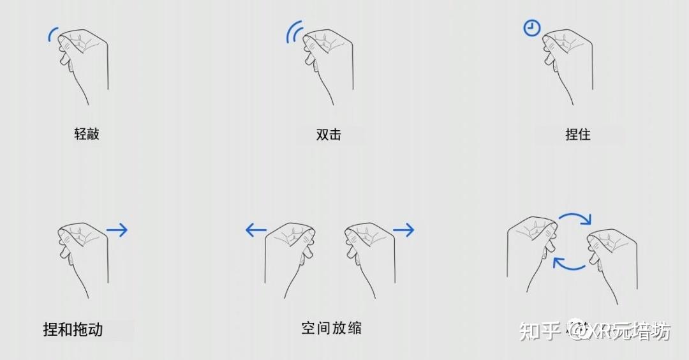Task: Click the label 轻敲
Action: [87, 134]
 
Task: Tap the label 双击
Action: [329, 135]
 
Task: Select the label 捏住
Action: [578, 135]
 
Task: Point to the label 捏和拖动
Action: [73, 329]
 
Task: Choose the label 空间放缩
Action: [332, 328]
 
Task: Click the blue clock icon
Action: [531, 28]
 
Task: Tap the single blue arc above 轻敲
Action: [52, 34]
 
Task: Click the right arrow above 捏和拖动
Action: [117, 230]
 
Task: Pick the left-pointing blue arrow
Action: [256, 230]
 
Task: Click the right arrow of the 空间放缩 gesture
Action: [403, 230]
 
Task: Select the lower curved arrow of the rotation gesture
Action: [569, 263]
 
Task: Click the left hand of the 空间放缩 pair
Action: [290, 255]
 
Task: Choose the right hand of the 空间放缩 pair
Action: [370, 255]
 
